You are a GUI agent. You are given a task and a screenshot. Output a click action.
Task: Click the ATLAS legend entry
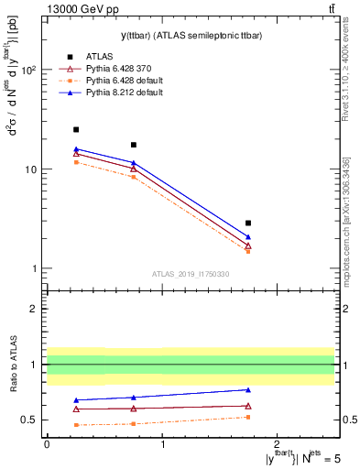click(x=98, y=57)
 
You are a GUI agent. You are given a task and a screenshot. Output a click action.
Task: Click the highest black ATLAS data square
click(x=76, y=130)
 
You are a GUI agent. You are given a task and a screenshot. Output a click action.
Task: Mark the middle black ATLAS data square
click(x=134, y=145)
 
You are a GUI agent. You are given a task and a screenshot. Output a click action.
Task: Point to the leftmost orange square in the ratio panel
click(x=76, y=425)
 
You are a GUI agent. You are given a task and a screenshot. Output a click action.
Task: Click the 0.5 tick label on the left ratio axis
click(x=29, y=420)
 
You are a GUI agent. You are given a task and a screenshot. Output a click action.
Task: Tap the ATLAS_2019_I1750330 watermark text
click(x=190, y=274)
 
